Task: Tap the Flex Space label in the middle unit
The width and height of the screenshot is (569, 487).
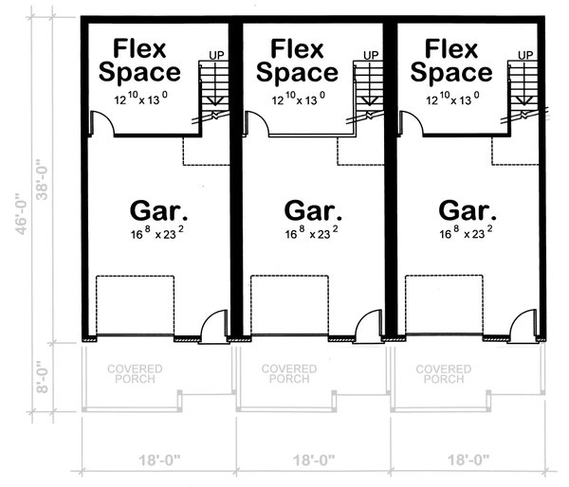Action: click(x=299, y=60)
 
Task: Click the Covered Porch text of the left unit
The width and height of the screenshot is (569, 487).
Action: click(x=134, y=373)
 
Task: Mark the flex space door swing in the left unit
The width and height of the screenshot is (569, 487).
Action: click(x=101, y=123)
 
